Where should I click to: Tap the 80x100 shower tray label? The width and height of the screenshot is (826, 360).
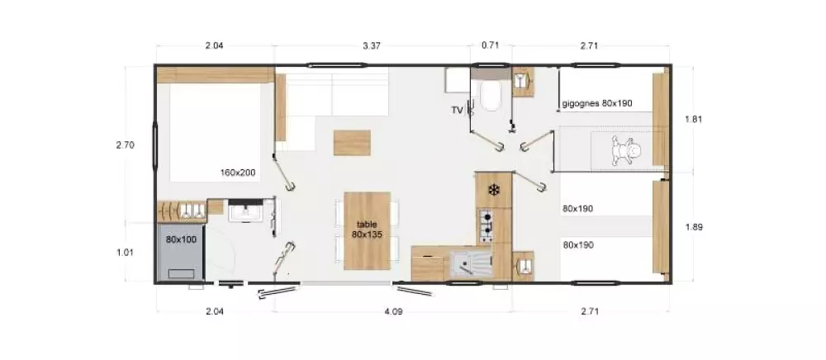(181, 239)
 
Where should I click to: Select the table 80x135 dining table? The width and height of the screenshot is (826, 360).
(367, 230)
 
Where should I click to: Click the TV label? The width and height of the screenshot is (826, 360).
(456, 110)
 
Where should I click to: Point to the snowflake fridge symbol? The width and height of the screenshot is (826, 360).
(494, 189)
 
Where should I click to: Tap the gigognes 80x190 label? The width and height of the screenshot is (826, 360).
(597, 104)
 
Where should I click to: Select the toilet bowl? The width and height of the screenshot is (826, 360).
(491, 96)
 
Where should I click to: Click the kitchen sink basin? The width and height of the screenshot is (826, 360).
(472, 263)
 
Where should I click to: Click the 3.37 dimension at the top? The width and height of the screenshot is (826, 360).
(372, 45)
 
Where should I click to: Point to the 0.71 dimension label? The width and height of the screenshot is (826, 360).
(490, 45)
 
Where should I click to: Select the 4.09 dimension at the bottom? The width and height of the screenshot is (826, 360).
(393, 311)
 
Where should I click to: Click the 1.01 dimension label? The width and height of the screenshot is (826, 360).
(125, 252)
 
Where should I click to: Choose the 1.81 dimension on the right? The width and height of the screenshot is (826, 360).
(694, 119)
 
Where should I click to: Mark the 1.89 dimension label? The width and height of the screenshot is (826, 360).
(694, 227)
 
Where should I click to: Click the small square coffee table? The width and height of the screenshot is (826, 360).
(352, 142)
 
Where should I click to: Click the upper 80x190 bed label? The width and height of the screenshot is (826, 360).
(578, 208)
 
